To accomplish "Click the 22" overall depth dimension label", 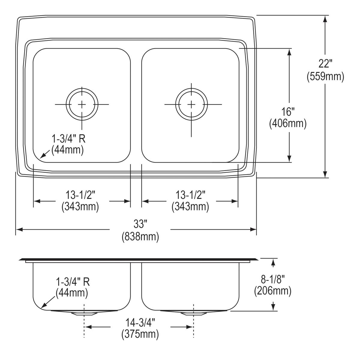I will [x=325, y=64].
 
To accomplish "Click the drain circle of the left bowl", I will [x=82, y=104].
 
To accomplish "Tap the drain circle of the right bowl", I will [x=191, y=104].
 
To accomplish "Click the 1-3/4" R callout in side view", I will [x=73, y=282].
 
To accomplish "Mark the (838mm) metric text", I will [x=140, y=237].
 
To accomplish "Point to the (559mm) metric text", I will [x=325, y=76].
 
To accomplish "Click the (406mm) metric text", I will [x=288, y=123].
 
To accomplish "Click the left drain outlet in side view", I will [x=84, y=313].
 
